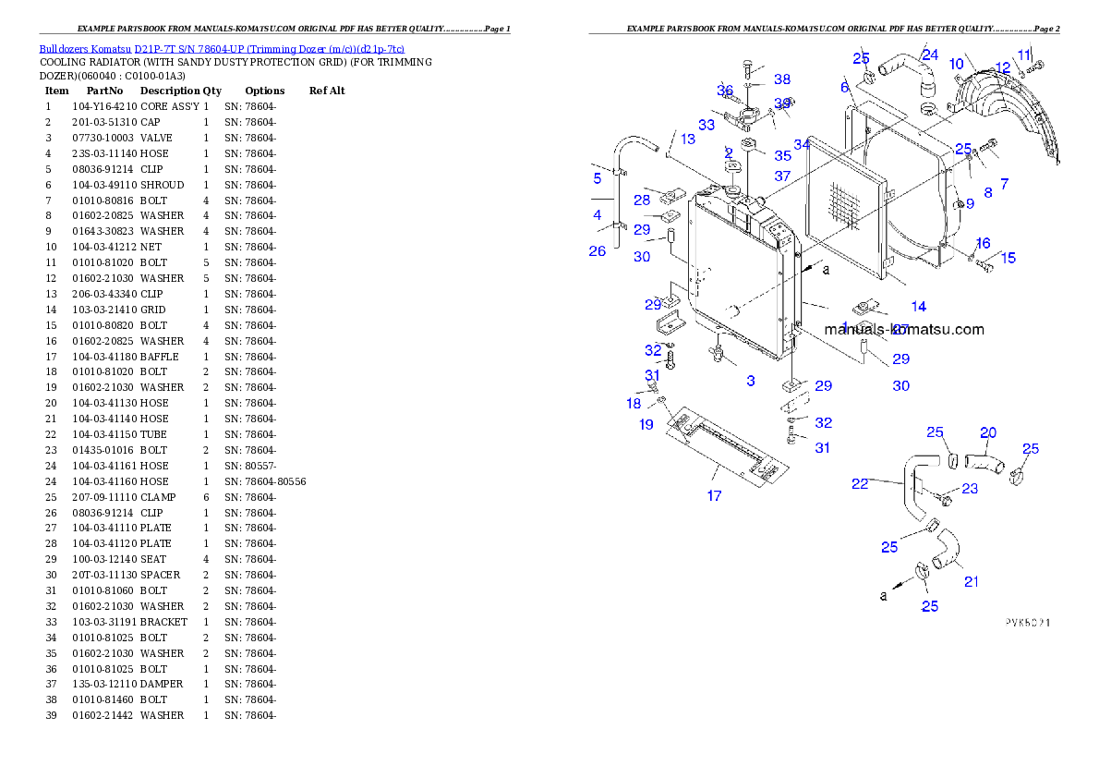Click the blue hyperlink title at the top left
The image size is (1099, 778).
point(222,49)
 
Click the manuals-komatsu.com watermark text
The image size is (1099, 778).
point(904,329)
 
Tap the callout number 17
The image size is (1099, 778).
point(714,496)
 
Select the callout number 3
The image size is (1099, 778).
point(751,381)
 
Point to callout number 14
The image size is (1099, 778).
point(918,307)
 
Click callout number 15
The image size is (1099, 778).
point(1008,258)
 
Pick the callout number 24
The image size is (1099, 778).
point(930,55)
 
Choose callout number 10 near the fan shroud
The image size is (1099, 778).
point(957,64)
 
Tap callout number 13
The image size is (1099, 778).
point(688,139)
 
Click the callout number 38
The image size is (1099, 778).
point(782,79)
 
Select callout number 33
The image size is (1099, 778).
point(706,125)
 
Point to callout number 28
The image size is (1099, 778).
point(642,200)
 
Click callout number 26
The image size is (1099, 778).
point(598,251)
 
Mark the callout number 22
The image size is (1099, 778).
point(860,483)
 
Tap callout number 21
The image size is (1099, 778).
point(972,582)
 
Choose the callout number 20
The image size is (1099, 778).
point(988,432)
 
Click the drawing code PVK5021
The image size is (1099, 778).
point(1027,622)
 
